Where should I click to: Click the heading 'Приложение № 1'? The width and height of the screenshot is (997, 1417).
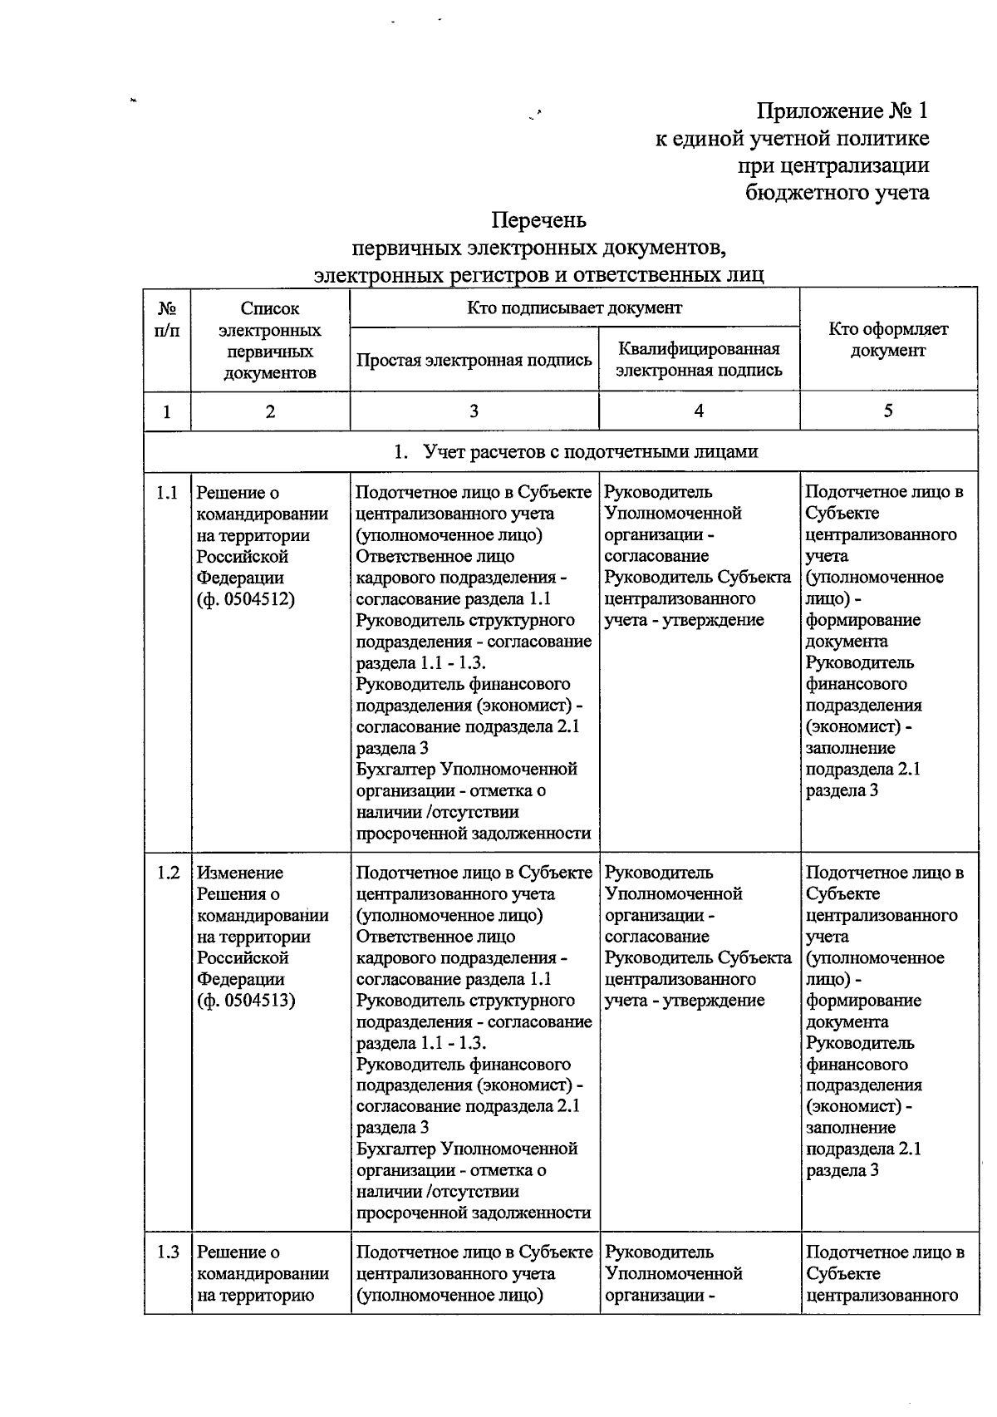(x=842, y=111)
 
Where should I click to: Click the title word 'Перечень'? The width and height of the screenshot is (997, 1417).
(x=538, y=220)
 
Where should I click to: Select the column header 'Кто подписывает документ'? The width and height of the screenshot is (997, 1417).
(x=574, y=308)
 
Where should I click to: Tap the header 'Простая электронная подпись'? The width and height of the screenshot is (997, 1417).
(x=474, y=360)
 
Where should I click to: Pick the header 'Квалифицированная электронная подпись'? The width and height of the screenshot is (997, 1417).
(x=699, y=359)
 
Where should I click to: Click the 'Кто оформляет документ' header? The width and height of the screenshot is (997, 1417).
(x=888, y=339)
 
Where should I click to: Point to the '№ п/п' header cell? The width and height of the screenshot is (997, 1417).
(x=167, y=319)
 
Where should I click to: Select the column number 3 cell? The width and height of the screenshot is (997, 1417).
(x=474, y=411)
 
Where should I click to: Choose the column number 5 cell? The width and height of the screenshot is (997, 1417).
(x=888, y=411)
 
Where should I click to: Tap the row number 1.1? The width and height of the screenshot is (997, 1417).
(x=167, y=493)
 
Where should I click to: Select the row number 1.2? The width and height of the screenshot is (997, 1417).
(x=167, y=873)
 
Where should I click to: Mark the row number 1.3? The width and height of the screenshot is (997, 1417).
(x=167, y=1252)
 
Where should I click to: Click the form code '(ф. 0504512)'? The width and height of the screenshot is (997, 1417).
(x=246, y=599)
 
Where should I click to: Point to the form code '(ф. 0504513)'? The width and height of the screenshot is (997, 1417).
(x=246, y=1001)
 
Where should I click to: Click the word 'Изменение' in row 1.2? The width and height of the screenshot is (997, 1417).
(x=240, y=873)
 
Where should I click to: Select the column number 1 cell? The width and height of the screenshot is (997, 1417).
(x=167, y=411)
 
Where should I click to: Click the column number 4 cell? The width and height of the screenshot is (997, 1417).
(x=699, y=411)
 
